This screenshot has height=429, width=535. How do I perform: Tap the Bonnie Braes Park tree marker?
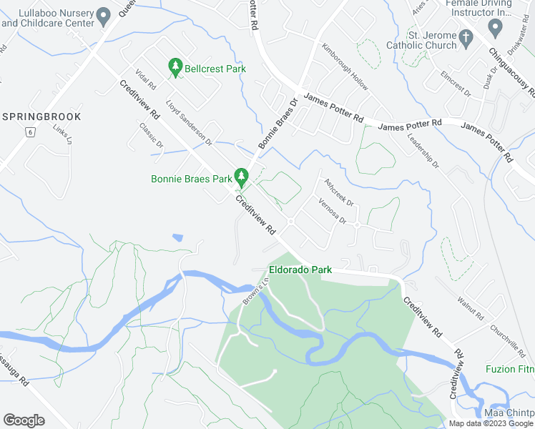click(x=242, y=176)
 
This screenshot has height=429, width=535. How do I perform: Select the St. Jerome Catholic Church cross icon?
click(x=466, y=36)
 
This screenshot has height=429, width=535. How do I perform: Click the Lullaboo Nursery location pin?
click(x=104, y=15)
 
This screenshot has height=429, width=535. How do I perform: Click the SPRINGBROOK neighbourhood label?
click(x=41, y=116)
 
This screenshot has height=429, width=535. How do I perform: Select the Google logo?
click(x=24, y=420)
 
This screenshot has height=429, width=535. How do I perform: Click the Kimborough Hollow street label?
click(x=345, y=68)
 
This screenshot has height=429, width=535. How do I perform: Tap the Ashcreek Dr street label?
click(x=340, y=192)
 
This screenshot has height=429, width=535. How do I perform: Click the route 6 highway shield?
click(x=30, y=132)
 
